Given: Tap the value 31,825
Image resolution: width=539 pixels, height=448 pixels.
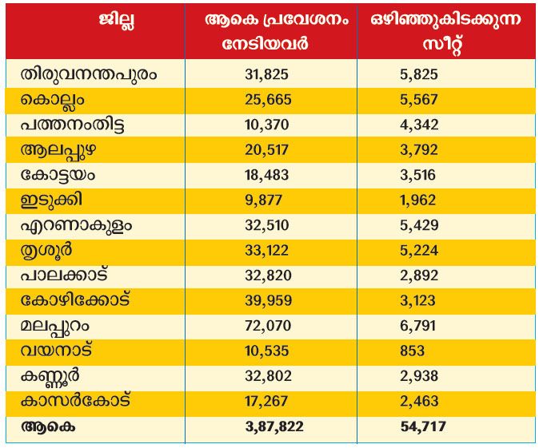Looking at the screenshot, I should click(272, 75).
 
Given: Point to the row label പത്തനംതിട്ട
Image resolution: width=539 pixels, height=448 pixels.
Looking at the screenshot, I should click(74, 125).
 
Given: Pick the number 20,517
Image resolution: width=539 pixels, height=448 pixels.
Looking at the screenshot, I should click(272, 150).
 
